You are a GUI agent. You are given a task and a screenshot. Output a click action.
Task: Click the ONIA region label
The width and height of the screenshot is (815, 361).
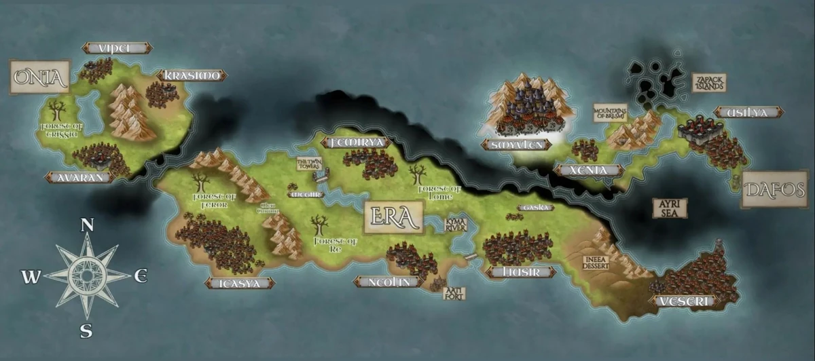click(39, 77)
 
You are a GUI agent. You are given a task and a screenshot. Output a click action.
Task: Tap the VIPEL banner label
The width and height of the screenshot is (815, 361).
click(117, 47)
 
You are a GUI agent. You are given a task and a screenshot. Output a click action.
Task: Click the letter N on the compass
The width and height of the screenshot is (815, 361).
click(87, 226)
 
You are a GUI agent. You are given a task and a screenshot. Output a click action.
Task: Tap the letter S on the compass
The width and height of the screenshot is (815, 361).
click(86, 331)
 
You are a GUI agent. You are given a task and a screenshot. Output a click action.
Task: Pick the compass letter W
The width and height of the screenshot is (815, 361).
click(29, 277)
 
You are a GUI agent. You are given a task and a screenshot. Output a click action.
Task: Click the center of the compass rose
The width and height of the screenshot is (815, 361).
click(87, 275)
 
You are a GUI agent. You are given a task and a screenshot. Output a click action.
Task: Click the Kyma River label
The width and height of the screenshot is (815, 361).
click(455, 225)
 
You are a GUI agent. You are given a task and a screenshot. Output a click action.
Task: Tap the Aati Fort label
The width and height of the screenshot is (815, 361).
click(454, 292)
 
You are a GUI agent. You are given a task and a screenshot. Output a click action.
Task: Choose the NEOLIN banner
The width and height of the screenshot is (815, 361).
click(387, 282)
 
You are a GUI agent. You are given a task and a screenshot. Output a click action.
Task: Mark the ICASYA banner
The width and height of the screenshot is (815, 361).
click(240, 283)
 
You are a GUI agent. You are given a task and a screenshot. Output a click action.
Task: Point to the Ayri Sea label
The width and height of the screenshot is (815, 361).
click(670, 208)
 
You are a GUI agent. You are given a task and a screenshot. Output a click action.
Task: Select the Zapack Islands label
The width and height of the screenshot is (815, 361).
click(709, 83)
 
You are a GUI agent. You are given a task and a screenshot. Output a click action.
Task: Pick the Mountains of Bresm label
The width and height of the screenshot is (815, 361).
click(610, 113)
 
